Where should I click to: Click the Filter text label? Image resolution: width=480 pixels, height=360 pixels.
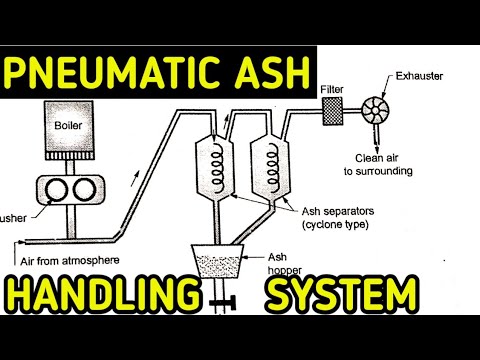coord(332,89)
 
